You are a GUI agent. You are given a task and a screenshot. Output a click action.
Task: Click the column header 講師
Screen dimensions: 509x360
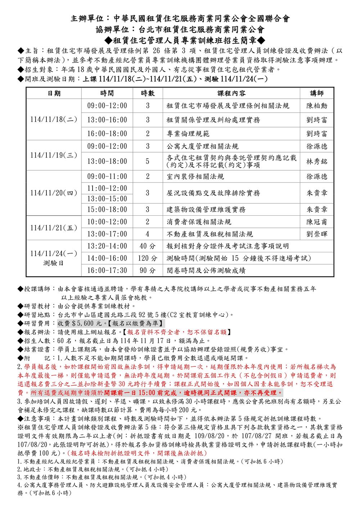pyautogui.click(x=317, y=94)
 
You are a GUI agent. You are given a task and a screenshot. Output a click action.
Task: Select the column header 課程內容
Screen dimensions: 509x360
pyautogui.click(x=231, y=94)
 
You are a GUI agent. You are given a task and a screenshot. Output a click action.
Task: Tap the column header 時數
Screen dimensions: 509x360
pyautogui.click(x=148, y=94)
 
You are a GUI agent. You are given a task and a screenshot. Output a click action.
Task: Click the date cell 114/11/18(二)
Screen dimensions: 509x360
pyautogui.click(x=54, y=120)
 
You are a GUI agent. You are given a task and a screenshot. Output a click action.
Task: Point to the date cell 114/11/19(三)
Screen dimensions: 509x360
pyautogui.click(x=54, y=155)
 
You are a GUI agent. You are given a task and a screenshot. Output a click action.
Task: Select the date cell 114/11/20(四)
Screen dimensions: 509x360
pyautogui.click(x=54, y=193)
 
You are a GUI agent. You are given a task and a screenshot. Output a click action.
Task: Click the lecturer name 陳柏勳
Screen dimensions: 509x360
pyautogui.click(x=317, y=106)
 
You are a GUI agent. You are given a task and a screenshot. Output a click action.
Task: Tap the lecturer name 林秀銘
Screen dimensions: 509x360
pyautogui.click(x=317, y=162)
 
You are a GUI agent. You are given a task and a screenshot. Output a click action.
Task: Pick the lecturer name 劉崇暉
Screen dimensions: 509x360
pyautogui.click(x=317, y=234)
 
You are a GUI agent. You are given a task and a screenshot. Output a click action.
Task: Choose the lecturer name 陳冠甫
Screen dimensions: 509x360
pyautogui.click(x=317, y=222)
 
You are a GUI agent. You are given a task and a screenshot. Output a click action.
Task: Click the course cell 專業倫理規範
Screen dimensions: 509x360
pyautogui.click(x=188, y=134)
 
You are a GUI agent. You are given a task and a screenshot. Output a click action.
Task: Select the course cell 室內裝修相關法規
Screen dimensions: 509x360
pyautogui.click(x=195, y=176)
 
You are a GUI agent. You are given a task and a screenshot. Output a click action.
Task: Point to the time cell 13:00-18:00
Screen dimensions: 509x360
pyautogui.click(x=107, y=162)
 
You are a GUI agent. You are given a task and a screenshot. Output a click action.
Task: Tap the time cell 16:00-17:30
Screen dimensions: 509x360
pyautogui.click(x=107, y=270)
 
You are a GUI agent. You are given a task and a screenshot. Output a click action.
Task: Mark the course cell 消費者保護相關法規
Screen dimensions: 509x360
pyautogui.click(x=199, y=222)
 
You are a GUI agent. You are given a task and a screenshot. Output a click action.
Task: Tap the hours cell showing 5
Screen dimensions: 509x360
pyautogui.click(x=148, y=162)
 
